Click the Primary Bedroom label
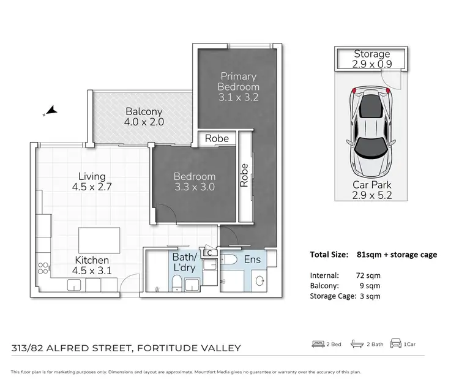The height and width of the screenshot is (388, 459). tap(238, 86)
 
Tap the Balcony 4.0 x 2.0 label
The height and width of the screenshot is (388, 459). tap(144, 116)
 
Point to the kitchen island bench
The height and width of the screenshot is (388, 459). tap(99, 237)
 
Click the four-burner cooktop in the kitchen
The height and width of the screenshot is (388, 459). tap(44, 268)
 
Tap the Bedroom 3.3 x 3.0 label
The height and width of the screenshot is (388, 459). tap(193, 182)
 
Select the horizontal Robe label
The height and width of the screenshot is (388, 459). tap(217, 139)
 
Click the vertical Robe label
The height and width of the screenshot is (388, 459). tap(245, 175)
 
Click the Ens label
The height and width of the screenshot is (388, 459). tap(252, 259)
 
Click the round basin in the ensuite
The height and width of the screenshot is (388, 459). tap(259, 282)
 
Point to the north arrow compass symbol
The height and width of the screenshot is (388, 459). tap(50, 111)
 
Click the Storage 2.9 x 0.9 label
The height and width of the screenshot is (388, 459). tap(371, 59)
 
